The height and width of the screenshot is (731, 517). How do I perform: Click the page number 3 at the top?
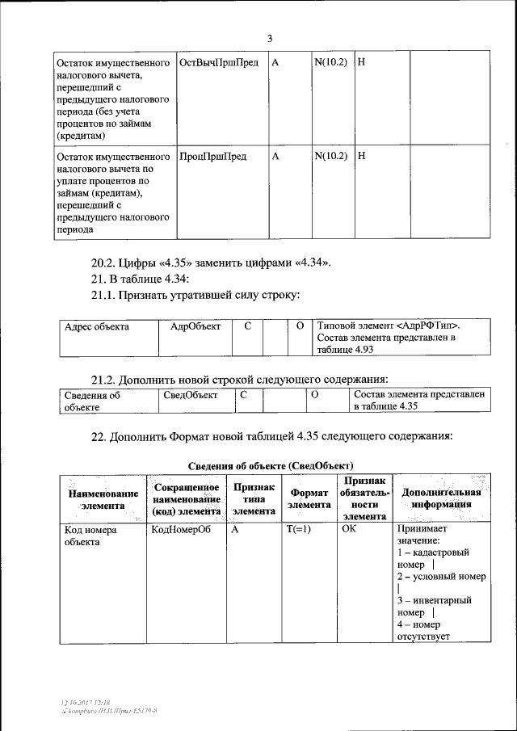[x=270, y=38]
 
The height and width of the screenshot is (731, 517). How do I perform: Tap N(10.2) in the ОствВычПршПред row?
[x=330, y=63]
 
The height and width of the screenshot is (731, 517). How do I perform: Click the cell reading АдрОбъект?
[x=195, y=326]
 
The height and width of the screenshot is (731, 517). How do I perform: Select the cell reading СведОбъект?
[x=191, y=395]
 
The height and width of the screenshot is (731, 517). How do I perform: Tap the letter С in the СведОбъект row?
[x=243, y=395]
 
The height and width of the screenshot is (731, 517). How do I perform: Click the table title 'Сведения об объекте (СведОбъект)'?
[x=271, y=465]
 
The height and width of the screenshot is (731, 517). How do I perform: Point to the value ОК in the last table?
[x=349, y=531]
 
